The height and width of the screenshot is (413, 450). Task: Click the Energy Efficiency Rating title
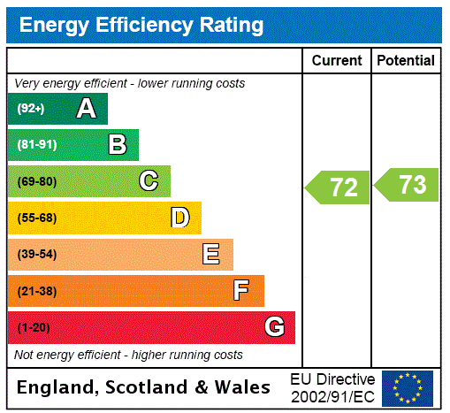pos(141,25)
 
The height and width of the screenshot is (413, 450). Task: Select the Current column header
pos(337,60)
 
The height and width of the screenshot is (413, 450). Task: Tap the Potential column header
pos(405,60)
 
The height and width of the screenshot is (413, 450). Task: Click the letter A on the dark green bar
pos(86,109)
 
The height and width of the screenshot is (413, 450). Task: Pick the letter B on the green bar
pos(117,145)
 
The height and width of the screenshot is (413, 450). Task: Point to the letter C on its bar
pos(149,181)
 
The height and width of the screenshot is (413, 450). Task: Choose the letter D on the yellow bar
pos(179,218)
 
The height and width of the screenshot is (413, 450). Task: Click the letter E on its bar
pos(211,255)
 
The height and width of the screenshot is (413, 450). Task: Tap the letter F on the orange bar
pos(241,291)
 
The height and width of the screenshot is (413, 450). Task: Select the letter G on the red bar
pos(274,327)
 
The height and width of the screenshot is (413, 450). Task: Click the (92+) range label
pos(31,109)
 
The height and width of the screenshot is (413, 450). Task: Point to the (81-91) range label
pos(36,145)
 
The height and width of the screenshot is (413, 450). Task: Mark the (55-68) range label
pos(36,218)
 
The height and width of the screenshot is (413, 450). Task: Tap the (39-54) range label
pos(36,255)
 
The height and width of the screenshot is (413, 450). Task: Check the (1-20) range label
pos(34,327)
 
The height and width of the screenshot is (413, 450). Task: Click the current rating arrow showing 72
pos(338,187)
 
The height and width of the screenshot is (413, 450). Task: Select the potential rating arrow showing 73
pos(407,185)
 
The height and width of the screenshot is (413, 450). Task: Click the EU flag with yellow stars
pos(408,387)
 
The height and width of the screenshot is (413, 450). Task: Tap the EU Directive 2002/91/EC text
pos(332,387)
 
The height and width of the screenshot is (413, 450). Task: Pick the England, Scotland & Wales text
pos(144,387)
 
